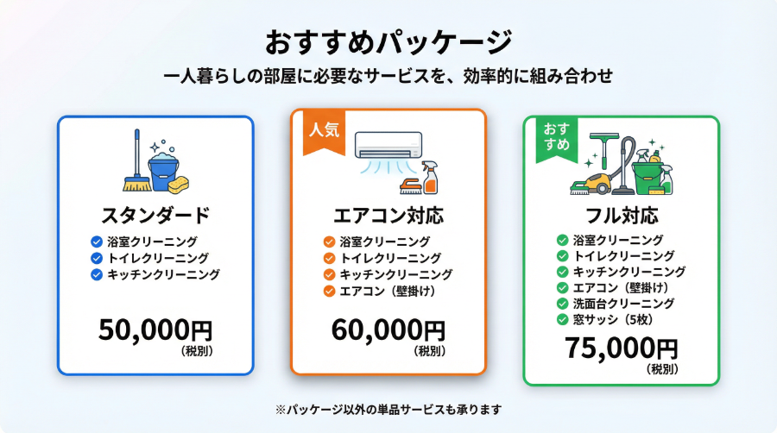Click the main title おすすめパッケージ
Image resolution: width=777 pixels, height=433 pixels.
[388, 42]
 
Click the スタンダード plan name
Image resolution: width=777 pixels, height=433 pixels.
[155, 216]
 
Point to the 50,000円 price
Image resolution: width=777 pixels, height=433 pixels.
[155, 330]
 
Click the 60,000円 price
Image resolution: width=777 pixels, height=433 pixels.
[388, 330]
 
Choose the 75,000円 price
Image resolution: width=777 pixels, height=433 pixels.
[621, 348]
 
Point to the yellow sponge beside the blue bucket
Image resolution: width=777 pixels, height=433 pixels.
[179, 185]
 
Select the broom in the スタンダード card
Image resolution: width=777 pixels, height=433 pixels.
[137, 160]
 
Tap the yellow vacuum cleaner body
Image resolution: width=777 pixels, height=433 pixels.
[596, 183]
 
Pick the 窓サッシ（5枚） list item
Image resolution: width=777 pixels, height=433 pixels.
[612, 320]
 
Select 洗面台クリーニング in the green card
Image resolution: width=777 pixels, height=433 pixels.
[623, 304]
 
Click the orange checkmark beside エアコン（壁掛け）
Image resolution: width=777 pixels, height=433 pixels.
[329, 291]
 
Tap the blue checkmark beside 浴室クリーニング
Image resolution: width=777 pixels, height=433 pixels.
[97, 242]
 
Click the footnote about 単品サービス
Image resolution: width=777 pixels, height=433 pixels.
[388, 410]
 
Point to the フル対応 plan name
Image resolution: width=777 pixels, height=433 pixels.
[622, 216]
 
